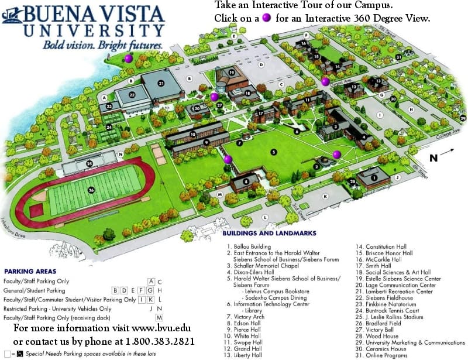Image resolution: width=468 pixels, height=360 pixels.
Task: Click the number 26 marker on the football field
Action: [x=91, y=190]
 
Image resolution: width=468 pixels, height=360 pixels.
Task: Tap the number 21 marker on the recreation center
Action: [x=161, y=83]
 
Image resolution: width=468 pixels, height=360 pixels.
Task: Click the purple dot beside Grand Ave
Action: [x=325, y=81]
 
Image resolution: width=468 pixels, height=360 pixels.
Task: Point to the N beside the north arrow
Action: [x=433, y=157]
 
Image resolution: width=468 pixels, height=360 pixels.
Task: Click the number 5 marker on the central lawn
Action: [x=273, y=152]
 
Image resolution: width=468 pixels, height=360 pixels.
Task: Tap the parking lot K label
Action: [x=325, y=197]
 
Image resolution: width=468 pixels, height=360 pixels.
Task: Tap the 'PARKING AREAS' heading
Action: [x=30, y=272]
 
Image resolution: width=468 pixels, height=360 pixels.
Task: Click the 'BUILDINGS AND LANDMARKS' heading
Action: [x=270, y=233]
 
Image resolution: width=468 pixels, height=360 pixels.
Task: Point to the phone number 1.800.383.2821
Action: [x=160, y=341]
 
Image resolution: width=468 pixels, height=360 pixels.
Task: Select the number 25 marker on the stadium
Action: [x=90, y=163]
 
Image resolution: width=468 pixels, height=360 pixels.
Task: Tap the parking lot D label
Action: [x=260, y=65]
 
